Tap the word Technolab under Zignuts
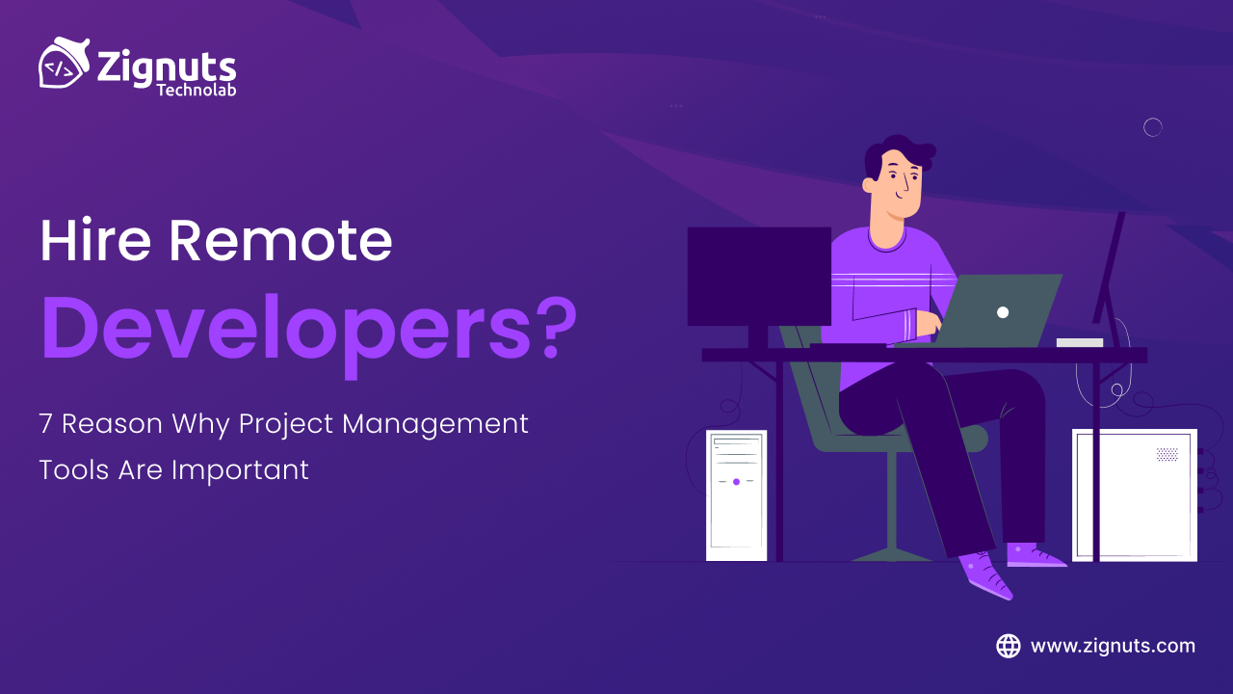pyautogui.click(x=197, y=90)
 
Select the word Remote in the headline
pyautogui.click(x=280, y=241)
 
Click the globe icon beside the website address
pyautogui.click(x=1009, y=646)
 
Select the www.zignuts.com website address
pyautogui.click(x=1113, y=646)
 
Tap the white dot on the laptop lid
pyautogui.click(x=1003, y=312)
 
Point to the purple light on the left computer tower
pyautogui.click(x=736, y=481)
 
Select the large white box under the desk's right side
pyautogui.click(x=1134, y=494)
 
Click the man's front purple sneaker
pyautogui.click(x=987, y=575)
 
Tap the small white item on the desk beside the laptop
pyautogui.click(x=1079, y=342)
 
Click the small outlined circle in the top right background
pyautogui.click(x=1152, y=127)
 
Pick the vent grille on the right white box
pyautogui.click(x=1167, y=454)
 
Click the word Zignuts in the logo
pyautogui.click(x=167, y=67)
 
